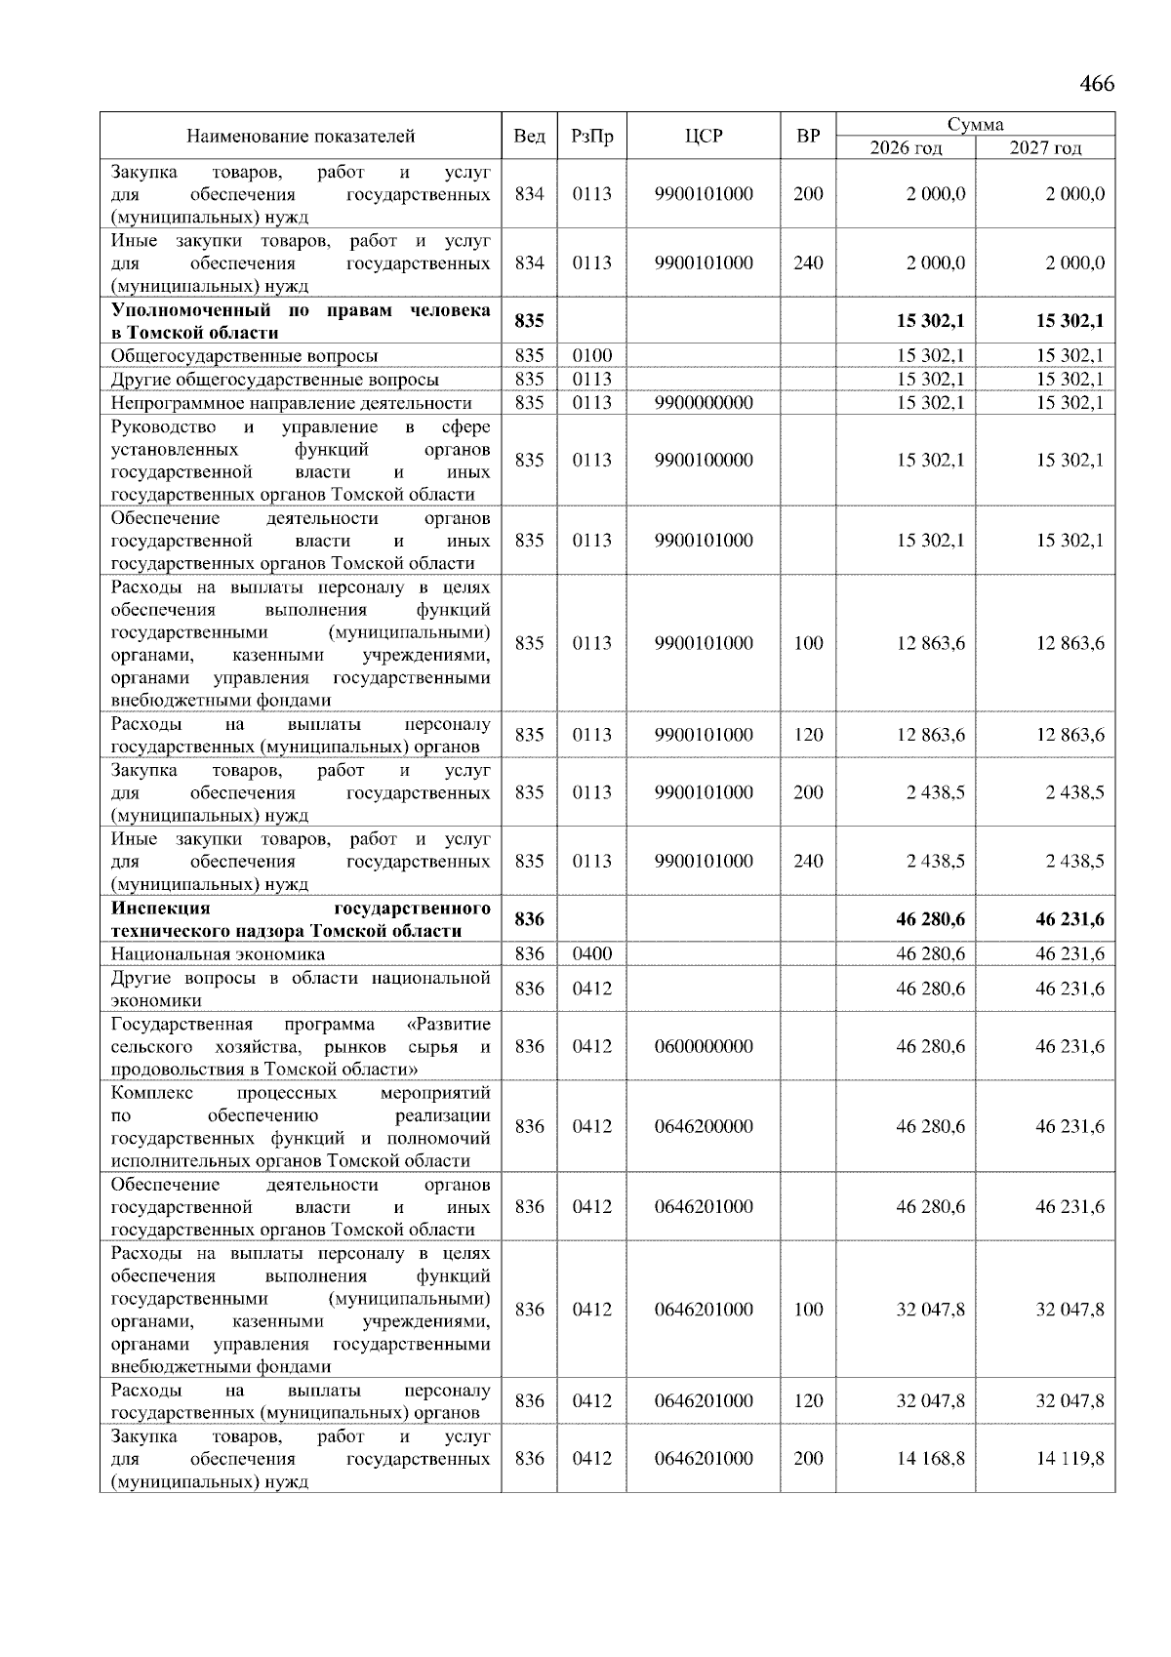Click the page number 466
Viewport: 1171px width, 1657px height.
click(x=1096, y=84)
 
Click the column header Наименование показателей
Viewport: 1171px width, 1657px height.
click(x=301, y=136)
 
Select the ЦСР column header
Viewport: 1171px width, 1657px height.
click(x=704, y=136)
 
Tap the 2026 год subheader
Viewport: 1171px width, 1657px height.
click(x=906, y=148)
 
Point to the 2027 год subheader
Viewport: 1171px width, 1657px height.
click(x=1045, y=148)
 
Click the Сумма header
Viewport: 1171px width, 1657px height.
click(x=975, y=124)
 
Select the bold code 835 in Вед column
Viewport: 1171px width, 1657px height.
click(x=529, y=321)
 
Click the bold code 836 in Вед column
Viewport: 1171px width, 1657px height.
click(x=529, y=919)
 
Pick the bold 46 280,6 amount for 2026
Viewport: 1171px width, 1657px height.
click(x=930, y=919)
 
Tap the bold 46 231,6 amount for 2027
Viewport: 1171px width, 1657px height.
click(x=1070, y=919)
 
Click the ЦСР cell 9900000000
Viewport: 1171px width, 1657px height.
click(x=704, y=403)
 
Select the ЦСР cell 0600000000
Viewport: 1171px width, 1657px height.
click(x=704, y=1046)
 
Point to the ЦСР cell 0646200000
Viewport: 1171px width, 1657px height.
click(x=704, y=1126)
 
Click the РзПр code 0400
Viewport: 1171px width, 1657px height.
click(x=591, y=953)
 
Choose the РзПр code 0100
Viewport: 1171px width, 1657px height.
click(x=591, y=356)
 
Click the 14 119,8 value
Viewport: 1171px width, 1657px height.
click(x=1070, y=1459)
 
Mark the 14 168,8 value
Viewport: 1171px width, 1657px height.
click(x=930, y=1459)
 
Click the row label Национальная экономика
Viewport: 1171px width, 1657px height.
click(x=218, y=954)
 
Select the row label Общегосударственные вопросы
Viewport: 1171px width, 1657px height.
click(x=244, y=356)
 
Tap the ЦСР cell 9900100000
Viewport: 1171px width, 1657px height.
click(x=704, y=461)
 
